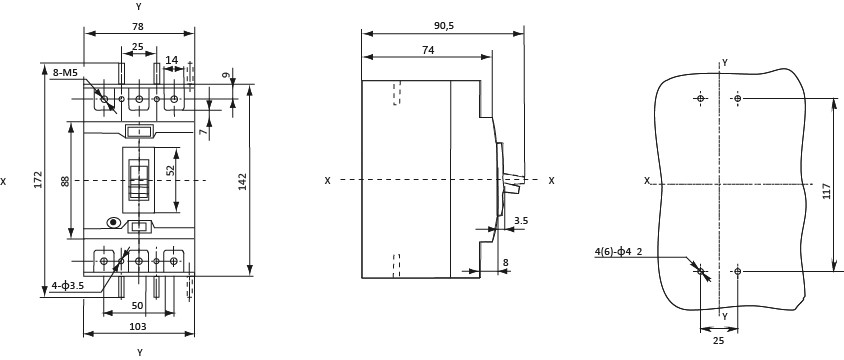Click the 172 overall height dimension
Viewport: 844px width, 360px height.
(x=37, y=179)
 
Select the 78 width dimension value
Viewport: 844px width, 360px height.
(x=138, y=25)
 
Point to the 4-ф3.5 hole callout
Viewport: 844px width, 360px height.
(x=67, y=286)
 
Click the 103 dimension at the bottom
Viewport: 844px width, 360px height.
(x=138, y=326)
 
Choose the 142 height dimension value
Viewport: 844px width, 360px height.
(x=242, y=181)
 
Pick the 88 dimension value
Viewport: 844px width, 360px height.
(x=65, y=181)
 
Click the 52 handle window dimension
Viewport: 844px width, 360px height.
(x=171, y=171)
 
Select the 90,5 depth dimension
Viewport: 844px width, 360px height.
(x=443, y=25)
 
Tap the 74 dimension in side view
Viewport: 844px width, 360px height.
(x=428, y=50)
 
